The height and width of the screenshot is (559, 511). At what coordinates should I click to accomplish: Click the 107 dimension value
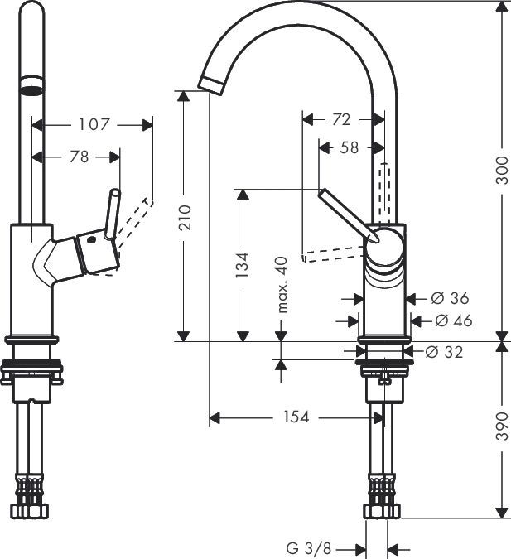pos(94,124)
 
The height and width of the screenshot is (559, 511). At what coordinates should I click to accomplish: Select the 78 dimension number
pos(79,156)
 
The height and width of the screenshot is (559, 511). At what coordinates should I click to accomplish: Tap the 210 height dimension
pos(186,217)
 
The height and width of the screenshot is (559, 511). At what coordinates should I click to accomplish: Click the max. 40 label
pos(282,284)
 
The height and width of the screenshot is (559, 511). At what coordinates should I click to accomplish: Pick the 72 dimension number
pos(340,119)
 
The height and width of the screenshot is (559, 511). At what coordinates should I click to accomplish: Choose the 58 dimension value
pos(349,147)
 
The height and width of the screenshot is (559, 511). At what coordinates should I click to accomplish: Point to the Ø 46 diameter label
pos(453,320)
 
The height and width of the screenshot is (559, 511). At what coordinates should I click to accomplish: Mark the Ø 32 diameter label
pos(445,352)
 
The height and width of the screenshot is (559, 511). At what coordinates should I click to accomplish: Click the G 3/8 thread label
pos(309,547)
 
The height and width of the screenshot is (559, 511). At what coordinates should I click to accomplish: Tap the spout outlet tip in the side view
pos(212,82)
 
